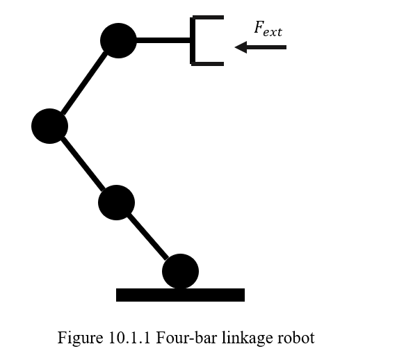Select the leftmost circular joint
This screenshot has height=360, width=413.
(49, 126)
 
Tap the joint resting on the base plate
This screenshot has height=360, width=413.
(180, 271)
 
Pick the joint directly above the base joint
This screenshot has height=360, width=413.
(116, 203)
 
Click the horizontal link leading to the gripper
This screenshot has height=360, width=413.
(163, 40)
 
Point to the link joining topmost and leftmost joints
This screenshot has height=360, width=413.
(84, 83)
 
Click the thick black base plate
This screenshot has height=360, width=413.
(180, 295)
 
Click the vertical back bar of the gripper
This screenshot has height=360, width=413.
(193, 40)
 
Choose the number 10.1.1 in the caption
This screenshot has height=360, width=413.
(131, 338)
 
